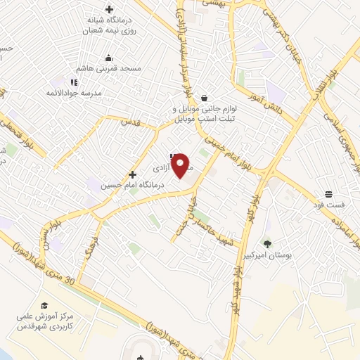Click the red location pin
click(181, 165)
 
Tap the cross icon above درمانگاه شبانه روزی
click(109, 9)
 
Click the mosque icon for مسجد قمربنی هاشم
click(108, 58)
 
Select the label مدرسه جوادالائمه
click(75, 93)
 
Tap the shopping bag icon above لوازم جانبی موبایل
click(204, 98)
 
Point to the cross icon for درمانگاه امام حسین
click(132, 174)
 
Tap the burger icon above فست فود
click(328, 194)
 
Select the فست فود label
click(330, 205)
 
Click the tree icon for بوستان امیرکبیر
click(267, 243)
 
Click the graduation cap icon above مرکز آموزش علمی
click(44, 305)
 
